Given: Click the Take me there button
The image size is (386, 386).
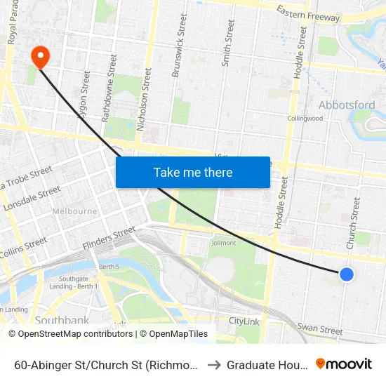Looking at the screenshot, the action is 193,172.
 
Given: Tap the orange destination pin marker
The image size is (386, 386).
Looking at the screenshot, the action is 40,57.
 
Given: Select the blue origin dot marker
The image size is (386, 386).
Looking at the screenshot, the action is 346,274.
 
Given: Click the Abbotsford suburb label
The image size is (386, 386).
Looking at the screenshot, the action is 347,105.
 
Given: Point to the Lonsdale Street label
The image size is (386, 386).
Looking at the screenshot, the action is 32,199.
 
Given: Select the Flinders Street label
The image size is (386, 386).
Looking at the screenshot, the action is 109,239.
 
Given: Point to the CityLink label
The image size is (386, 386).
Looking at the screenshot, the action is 245,321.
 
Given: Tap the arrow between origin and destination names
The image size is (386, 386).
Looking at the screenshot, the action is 213,365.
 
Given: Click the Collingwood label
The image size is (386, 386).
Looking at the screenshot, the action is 305,119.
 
